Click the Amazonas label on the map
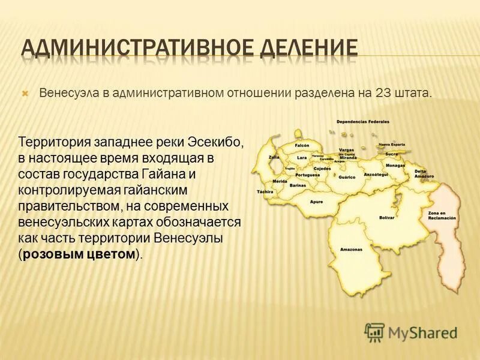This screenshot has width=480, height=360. click(x=351, y=249)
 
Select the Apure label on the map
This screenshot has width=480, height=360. click(x=316, y=202)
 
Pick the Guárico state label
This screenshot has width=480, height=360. click(x=347, y=177)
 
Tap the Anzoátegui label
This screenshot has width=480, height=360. click(x=376, y=174)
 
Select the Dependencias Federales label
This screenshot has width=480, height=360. click(x=363, y=122)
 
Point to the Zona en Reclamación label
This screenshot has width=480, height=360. click(x=437, y=215)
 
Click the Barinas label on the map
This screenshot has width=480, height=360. click(x=298, y=186)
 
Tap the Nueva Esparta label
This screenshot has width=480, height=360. click(x=391, y=145)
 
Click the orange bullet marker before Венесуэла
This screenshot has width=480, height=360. click(x=25, y=94)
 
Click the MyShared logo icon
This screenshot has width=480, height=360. click(x=374, y=331)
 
